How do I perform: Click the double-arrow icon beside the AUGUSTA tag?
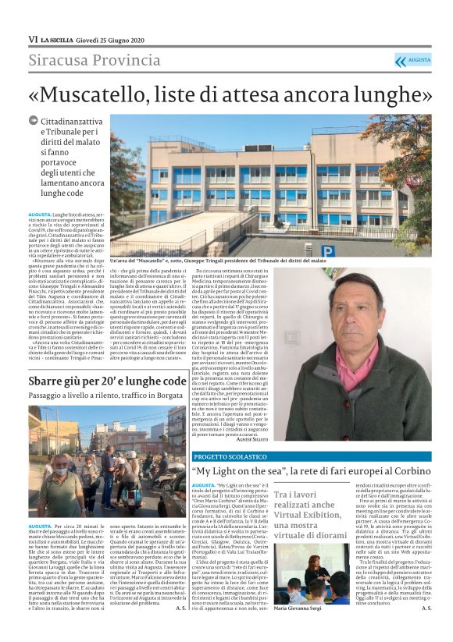coord(401,60)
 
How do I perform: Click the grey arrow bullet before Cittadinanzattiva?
coord(33,120)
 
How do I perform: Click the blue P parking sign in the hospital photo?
coord(327,250)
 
